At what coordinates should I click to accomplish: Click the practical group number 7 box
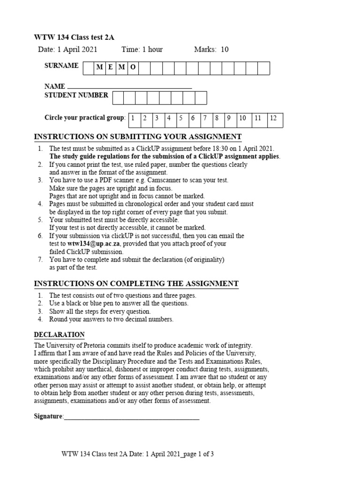[205, 119]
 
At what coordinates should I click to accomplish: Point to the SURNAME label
[61, 66]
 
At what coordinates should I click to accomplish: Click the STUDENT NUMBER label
[76, 95]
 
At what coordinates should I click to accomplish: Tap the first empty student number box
[118, 97]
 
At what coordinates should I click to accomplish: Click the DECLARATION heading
[60, 335]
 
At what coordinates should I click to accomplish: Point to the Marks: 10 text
[211, 50]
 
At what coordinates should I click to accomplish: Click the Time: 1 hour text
[142, 50]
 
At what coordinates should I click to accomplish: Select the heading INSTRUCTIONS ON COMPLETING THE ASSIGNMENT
[136, 284]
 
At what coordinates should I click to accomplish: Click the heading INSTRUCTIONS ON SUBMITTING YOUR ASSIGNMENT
[138, 136]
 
